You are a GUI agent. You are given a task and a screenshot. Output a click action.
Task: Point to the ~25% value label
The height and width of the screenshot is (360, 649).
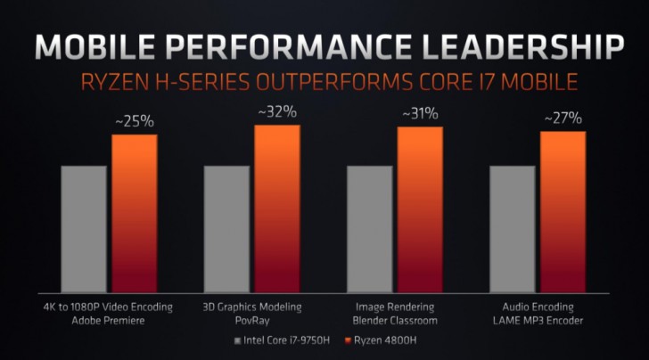coord(135,121)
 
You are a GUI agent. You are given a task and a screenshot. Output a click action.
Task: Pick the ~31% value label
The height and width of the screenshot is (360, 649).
coord(420,114)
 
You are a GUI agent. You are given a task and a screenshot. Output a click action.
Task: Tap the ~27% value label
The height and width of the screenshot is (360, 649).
coord(563,118)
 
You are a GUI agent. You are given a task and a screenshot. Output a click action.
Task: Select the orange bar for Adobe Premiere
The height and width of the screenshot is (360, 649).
coord(135,215)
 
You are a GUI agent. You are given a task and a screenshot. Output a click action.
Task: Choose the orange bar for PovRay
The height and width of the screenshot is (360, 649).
coord(277,209)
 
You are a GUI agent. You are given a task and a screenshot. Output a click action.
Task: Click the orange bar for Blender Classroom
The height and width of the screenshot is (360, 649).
coord(420,211)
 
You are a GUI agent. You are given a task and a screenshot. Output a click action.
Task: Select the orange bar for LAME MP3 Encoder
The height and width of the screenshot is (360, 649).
coord(563,213)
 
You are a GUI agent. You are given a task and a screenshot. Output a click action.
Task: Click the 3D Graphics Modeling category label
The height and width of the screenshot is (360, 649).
coord(252,307)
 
